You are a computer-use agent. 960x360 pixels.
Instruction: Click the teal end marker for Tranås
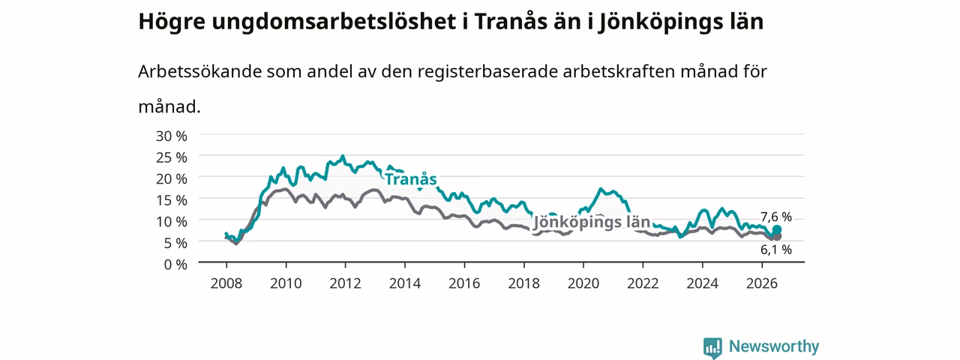[776, 229]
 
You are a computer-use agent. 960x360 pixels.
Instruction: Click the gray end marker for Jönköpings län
[776, 236]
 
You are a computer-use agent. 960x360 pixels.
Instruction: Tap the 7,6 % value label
[776, 217]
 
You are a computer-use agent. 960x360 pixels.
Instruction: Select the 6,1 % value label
[776, 250]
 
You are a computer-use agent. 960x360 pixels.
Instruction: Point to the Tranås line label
[411, 179]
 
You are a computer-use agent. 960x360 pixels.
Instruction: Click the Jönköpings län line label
[592, 223]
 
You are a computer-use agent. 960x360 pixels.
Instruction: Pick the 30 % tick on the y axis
[172, 136]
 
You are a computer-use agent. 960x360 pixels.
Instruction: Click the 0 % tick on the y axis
[175, 265]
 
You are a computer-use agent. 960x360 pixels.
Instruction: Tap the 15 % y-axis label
[172, 200]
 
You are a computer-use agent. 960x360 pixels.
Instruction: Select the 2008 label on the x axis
[226, 283]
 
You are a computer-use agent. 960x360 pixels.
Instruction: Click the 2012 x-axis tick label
[346, 283]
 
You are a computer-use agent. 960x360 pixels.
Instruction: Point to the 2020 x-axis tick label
[583, 283]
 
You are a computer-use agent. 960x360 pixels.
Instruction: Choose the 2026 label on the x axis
[762, 283]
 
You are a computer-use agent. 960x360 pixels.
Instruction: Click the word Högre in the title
[172, 22]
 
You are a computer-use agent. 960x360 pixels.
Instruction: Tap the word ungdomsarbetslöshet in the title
[334, 22]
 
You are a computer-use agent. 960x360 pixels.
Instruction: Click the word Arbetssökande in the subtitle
[199, 71]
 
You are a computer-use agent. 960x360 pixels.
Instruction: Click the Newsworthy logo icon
[712, 347]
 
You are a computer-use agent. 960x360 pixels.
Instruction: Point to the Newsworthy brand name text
[774, 346]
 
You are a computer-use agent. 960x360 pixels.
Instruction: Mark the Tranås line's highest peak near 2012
[343, 156]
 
